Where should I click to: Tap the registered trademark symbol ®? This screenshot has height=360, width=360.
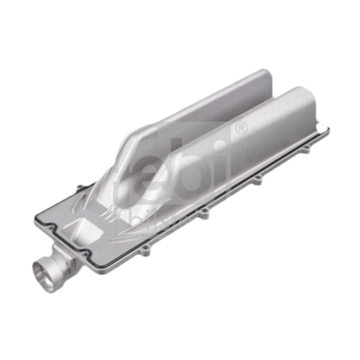point(242,129)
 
